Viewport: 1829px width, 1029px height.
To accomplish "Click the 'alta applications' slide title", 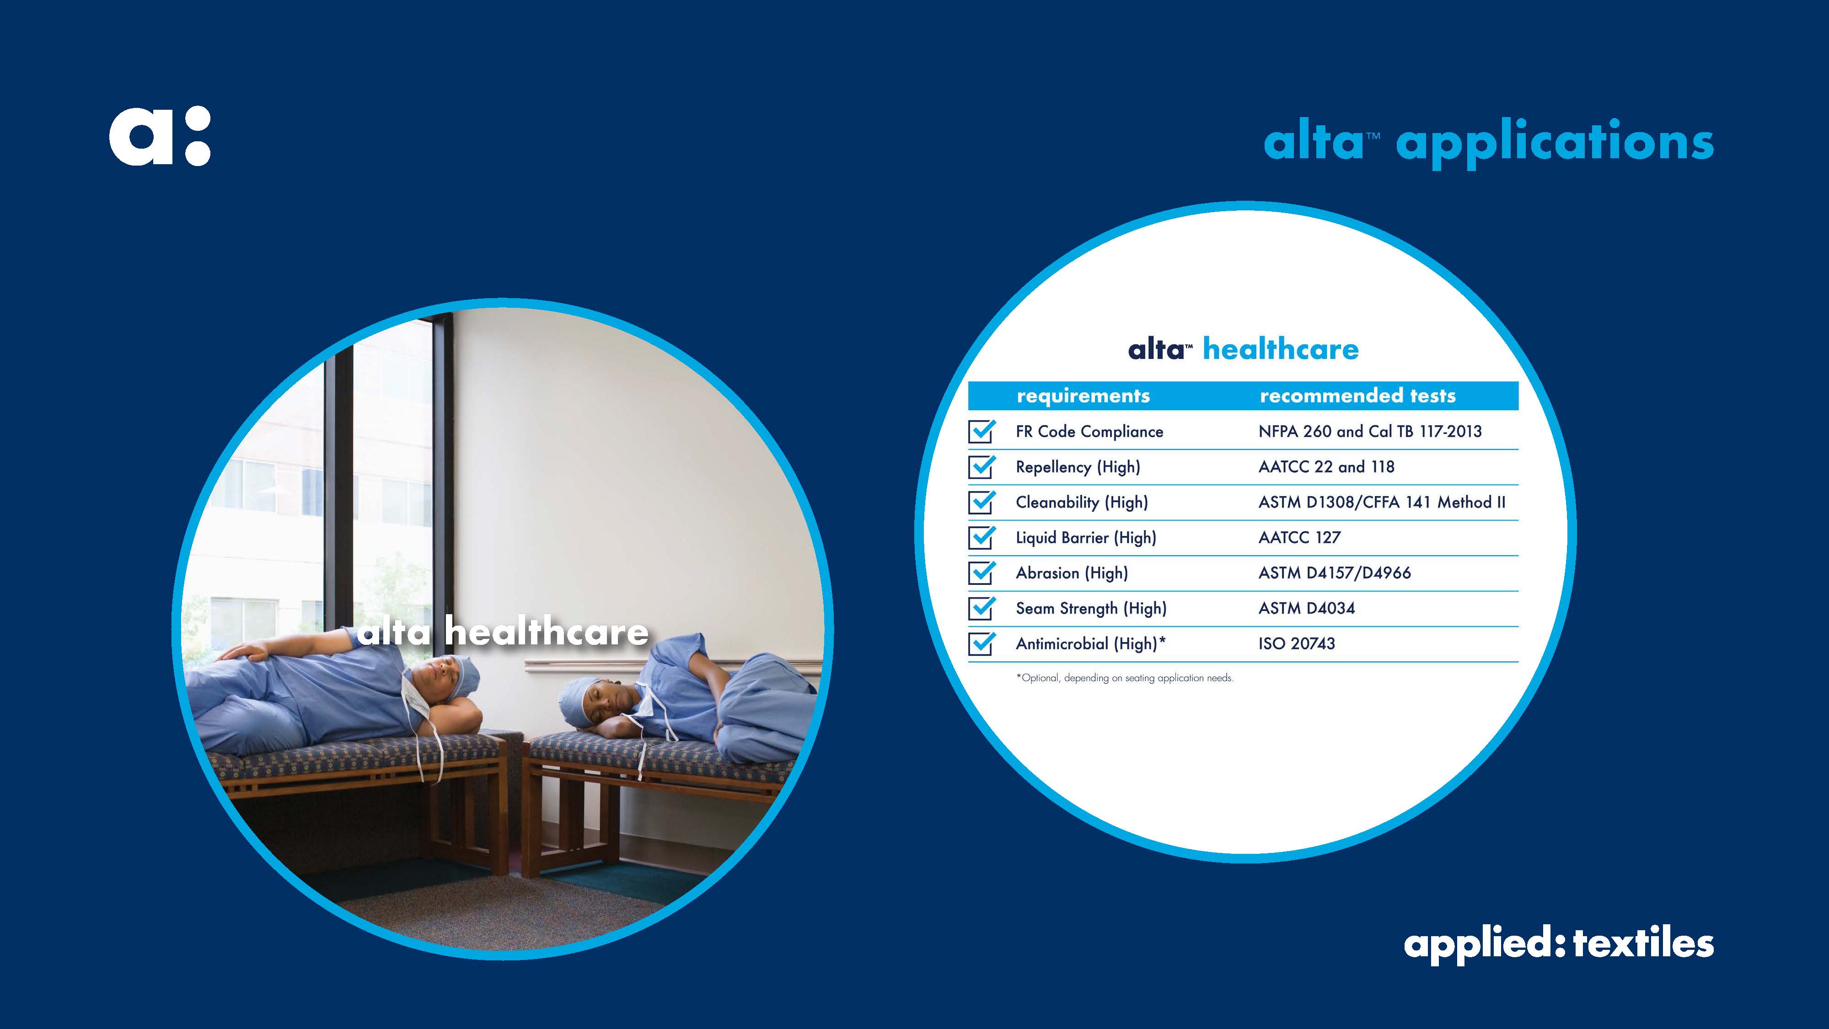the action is point(1488,143).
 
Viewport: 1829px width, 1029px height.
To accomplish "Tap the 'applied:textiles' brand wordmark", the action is point(1559,944).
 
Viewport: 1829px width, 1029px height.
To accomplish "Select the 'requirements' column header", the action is point(1083,396).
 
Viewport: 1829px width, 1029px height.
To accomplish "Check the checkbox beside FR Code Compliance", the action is point(981,431).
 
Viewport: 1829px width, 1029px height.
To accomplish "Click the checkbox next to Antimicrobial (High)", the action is point(981,643).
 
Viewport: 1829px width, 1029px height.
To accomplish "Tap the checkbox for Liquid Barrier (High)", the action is point(981,537).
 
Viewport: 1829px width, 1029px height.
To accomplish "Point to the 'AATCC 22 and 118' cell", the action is point(1326,466).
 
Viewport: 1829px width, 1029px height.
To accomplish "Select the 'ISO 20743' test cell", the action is point(1297,643).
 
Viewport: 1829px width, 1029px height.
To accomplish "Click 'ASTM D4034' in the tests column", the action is point(1306,608).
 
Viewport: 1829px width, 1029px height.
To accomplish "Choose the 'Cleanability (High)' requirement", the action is point(1081,502).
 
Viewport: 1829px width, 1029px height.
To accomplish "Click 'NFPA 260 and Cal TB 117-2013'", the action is point(1370,431).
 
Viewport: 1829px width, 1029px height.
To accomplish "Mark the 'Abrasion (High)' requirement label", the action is point(1072,573).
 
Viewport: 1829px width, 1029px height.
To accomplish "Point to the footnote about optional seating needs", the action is point(1125,677).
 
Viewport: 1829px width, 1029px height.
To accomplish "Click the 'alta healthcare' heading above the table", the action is point(1243,349).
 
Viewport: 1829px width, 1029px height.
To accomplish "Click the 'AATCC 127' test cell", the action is point(1299,537).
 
